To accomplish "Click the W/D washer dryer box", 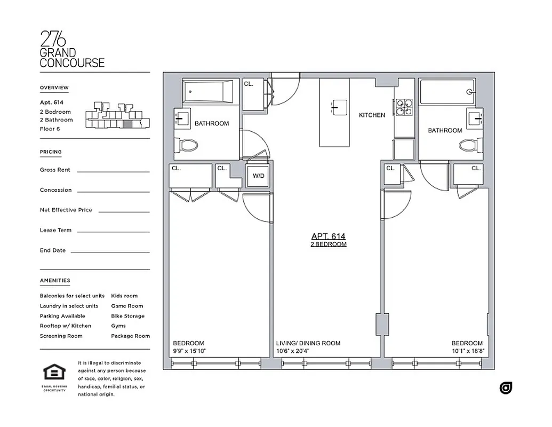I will [258, 177].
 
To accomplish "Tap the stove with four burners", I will [403, 107].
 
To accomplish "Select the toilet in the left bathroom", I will [188, 145].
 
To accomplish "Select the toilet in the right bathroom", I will [469, 145].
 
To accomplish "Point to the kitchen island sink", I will [334, 107].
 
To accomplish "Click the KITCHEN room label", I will [372, 115].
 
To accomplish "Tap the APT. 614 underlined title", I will [329, 236].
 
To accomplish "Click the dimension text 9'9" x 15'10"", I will [189, 351].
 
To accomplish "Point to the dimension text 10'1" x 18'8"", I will [467, 351].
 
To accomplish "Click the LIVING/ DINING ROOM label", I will [308, 343].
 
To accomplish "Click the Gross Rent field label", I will [55, 170].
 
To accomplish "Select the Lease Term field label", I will [55, 230].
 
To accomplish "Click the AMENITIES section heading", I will [55, 280].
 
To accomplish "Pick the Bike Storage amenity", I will [127, 316].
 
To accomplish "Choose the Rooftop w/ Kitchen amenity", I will [65, 326].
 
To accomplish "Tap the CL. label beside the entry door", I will [249, 84].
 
